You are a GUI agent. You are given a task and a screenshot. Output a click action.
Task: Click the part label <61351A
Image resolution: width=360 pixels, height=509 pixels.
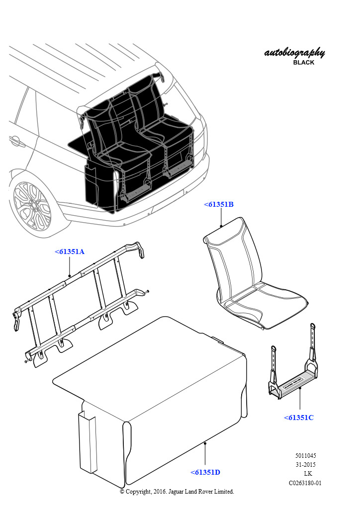(x=70, y=252)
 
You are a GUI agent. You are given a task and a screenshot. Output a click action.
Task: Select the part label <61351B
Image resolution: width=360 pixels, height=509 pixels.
(x=219, y=204)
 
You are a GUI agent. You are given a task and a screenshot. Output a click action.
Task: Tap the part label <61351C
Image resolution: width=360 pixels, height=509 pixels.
(x=299, y=418)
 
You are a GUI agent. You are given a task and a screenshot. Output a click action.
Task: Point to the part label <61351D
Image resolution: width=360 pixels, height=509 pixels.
(x=205, y=472)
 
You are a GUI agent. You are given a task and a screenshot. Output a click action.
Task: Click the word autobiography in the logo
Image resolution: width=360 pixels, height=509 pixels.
(x=294, y=53)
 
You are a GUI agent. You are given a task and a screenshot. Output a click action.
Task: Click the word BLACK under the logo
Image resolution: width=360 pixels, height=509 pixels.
(x=303, y=62)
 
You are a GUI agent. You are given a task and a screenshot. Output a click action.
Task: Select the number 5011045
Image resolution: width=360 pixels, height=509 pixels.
(x=305, y=455)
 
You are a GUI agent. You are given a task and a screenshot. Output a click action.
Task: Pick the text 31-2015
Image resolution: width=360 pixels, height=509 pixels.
(x=305, y=465)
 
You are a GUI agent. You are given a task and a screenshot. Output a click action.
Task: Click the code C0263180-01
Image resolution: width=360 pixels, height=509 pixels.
(x=305, y=483)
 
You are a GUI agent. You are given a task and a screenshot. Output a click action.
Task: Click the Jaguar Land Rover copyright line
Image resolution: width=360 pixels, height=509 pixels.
(x=177, y=492)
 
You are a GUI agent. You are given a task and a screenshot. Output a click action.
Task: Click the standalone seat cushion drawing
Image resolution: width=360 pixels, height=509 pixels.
(x=255, y=273)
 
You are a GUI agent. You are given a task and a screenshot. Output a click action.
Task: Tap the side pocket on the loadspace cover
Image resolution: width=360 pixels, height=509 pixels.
(x=88, y=441)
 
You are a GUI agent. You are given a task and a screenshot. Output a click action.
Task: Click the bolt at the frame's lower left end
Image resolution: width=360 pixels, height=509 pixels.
(x=26, y=361)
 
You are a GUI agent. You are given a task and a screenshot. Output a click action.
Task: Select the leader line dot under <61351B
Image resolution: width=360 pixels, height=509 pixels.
(x=221, y=226)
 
